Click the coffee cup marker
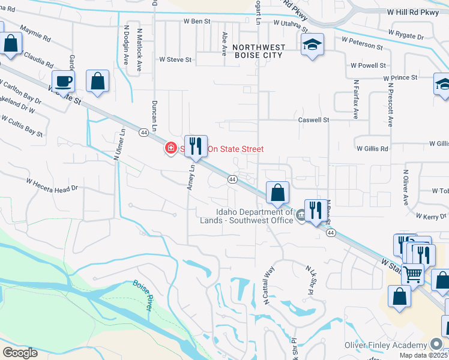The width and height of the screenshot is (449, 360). tap(63, 81)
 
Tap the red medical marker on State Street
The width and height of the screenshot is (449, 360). tap(170, 148)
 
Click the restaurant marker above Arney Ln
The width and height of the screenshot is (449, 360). tap(195, 146)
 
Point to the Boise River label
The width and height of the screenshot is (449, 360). tap(141, 295)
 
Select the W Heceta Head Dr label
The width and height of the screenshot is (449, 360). tap(52, 184)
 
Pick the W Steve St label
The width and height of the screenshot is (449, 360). tap(175, 59)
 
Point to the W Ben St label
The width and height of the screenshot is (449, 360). tap(197, 21)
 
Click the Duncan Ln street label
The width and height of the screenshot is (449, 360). tap(154, 116)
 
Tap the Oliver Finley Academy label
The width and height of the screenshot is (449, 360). tap(385, 345)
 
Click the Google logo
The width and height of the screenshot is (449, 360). tap(20, 352)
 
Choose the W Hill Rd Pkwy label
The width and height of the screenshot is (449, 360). tap(414, 11)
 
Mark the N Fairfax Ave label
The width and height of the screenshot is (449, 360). tap(355, 98)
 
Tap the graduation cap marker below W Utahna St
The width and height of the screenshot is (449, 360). tap(312, 44)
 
